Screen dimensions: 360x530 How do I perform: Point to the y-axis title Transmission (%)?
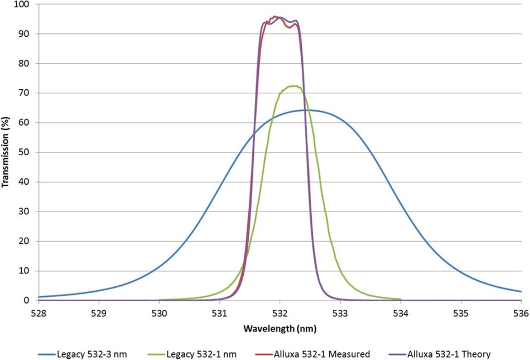tap(6, 152)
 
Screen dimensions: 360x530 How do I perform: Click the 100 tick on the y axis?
tap(26, 4)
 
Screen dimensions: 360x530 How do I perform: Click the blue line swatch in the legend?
tap(48, 354)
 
